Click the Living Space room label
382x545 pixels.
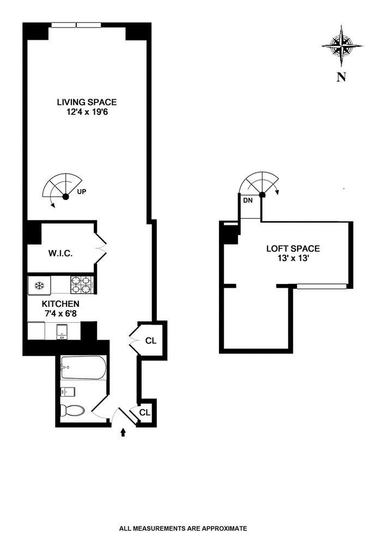click(87, 102)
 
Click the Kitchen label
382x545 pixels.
click(61, 304)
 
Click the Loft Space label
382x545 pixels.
click(293, 249)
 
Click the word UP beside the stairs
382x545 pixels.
click(82, 192)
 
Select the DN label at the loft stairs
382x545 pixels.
click(248, 201)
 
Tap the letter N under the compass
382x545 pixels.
click(341, 77)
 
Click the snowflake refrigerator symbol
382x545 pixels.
click(39, 285)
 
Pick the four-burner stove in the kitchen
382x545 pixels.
click(81, 284)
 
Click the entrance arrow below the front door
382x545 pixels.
click(122, 432)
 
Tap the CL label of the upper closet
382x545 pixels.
click(150, 341)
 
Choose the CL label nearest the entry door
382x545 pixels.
click(144, 412)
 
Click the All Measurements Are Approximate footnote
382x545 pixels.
click(183, 528)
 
